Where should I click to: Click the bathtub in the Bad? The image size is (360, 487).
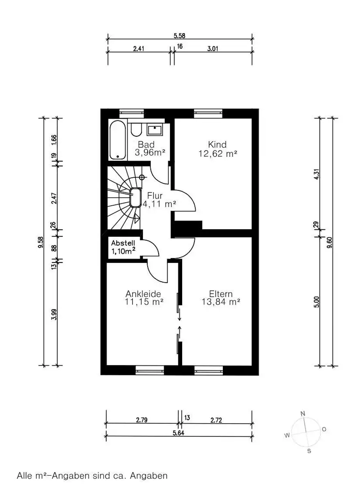[x=118, y=140]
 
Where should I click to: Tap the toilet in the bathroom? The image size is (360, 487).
[x=136, y=130]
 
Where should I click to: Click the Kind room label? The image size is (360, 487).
[x=217, y=144]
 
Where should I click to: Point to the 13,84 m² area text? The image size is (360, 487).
[x=221, y=302]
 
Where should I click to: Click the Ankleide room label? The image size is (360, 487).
[x=143, y=294]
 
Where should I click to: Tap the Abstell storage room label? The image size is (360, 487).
[x=123, y=243]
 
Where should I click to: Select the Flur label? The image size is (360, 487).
[x=155, y=196]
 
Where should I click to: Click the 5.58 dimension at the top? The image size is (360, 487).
[x=179, y=36]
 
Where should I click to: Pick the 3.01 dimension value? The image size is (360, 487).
[x=213, y=49]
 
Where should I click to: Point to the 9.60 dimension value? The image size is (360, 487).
[x=330, y=243]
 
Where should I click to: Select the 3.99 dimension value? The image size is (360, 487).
[x=54, y=315]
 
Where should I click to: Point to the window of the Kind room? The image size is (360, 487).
[x=208, y=113]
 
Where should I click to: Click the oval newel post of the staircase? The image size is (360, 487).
[x=136, y=198]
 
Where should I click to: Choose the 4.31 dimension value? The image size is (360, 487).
[x=316, y=175]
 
